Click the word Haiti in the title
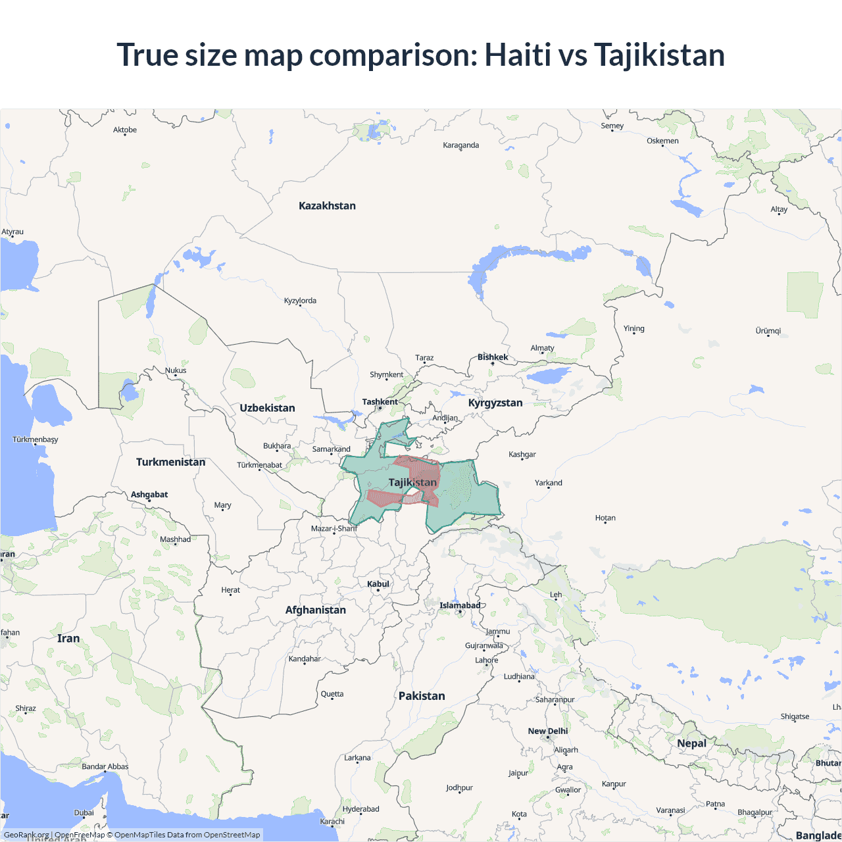pyautogui.click(x=518, y=55)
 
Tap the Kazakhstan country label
pyautogui.click(x=327, y=206)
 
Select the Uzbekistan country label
pyautogui.click(x=267, y=408)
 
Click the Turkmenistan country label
pyautogui.click(x=170, y=462)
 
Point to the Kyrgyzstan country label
pyautogui.click(x=495, y=403)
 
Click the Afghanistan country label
pyautogui.click(x=315, y=610)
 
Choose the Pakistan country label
pyautogui.click(x=422, y=696)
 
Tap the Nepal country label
pyautogui.click(x=691, y=743)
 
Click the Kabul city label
pyautogui.click(x=378, y=584)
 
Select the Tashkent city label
pyautogui.click(x=380, y=402)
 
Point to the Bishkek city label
pyautogui.click(x=493, y=357)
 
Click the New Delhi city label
pyautogui.click(x=547, y=731)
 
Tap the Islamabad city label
pyautogui.click(x=460, y=605)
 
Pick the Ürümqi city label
pyautogui.click(x=768, y=331)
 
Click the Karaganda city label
pyautogui.click(x=460, y=145)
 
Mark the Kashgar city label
pyautogui.click(x=522, y=455)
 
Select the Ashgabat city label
pyautogui.click(x=149, y=495)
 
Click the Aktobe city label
pyautogui.click(x=125, y=130)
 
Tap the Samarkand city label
pyautogui.click(x=331, y=449)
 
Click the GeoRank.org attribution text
pyautogui.click(x=26, y=835)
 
